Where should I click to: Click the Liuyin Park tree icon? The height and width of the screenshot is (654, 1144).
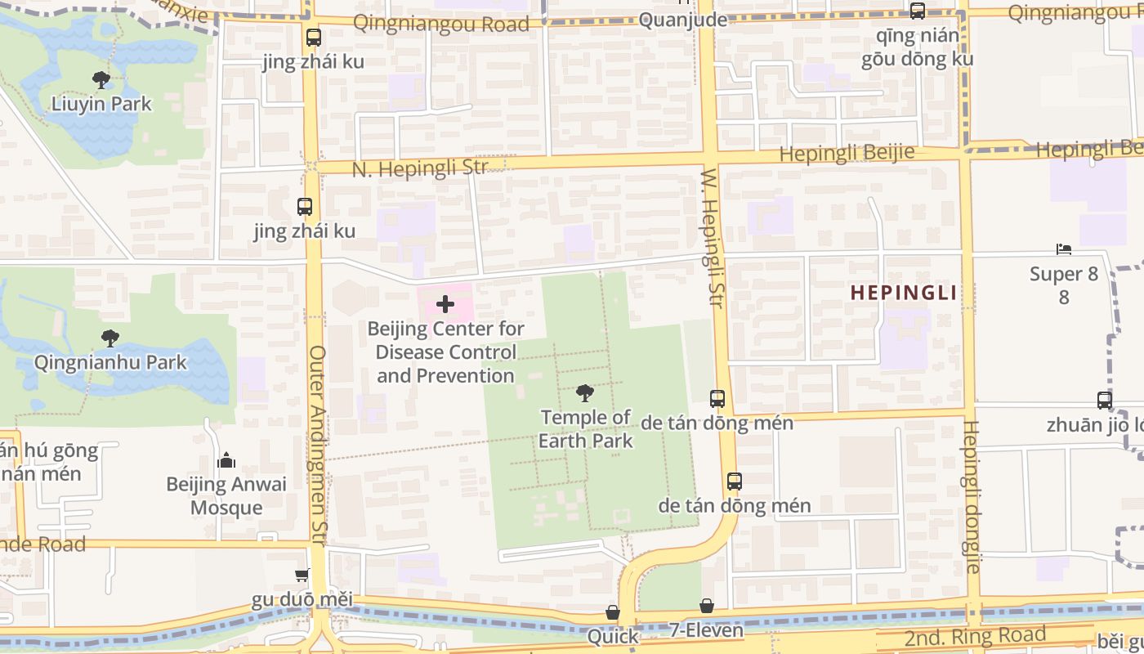pos(101,80)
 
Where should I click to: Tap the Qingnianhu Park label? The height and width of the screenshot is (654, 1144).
pos(110,362)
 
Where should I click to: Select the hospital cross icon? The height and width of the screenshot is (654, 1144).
pos(445,305)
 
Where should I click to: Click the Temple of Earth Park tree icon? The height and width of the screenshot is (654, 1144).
pos(585,393)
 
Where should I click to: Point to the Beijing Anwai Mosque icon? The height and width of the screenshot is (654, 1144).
pos(226,461)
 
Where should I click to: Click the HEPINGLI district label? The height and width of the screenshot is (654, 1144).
pos(903,293)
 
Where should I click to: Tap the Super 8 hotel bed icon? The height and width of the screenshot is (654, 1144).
pos(1063,249)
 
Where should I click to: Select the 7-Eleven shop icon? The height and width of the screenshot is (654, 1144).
pos(707,606)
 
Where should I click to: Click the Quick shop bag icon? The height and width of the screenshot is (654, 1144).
pos(612,612)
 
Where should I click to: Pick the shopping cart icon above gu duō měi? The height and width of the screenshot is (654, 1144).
pos(302,576)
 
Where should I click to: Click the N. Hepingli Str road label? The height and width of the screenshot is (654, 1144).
pos(419,168)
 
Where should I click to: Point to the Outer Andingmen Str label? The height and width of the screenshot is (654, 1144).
pos(317,437)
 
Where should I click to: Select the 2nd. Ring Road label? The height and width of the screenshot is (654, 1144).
pos(975,635)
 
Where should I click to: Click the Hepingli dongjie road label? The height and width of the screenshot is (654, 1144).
pos(972,496)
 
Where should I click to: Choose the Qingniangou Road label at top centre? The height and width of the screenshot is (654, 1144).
pos(441,23)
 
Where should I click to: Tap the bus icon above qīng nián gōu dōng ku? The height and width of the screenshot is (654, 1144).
pos(918,11)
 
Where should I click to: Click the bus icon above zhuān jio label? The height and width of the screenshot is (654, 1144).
pos(1104,401)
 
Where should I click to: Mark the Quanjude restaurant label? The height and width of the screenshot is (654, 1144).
pos(683,20)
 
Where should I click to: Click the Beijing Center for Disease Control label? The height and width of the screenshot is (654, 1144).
pos(446,352)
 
